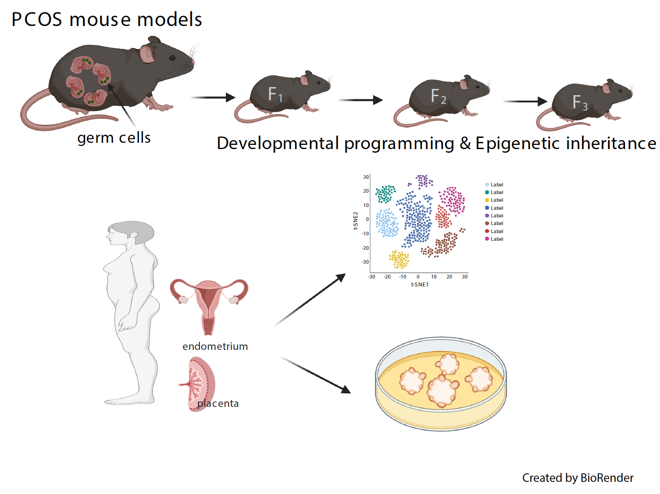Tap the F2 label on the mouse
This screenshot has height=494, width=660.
tap(438, 96)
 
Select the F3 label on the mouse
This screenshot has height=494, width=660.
tap(580, 102)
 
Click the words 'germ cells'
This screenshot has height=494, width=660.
tap(113, 138)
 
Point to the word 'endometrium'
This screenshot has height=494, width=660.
tap(215, 346)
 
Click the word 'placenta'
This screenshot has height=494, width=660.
tap(218, 403)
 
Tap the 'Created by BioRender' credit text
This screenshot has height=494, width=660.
tap(577, 478)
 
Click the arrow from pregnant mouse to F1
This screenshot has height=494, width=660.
tap(213, 97)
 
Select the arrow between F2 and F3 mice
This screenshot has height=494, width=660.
tap(525, 101)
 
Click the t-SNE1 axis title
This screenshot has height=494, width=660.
tap(420, 284)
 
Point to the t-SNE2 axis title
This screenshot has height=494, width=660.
tap(356, 221)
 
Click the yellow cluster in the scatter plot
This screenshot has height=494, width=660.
tap(399, 259)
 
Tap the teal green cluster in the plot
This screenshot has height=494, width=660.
tap(386, 194)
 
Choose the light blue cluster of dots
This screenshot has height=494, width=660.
tap(387, 223)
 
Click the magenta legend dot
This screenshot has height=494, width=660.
tap(487, 239)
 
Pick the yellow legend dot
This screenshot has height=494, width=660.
tap(487, 200)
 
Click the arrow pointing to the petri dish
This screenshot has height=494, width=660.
tap(316, 375)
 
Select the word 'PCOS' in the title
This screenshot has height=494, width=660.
tap(37, 20)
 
